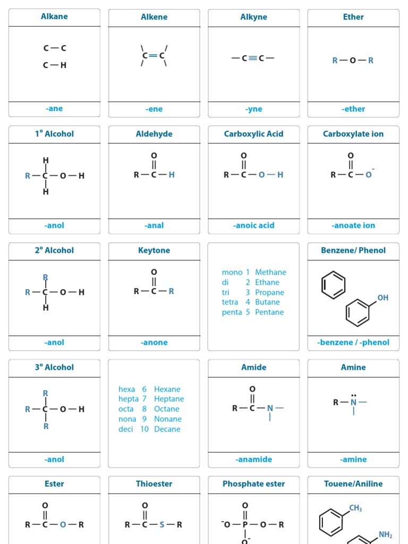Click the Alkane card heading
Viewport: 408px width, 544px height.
54,16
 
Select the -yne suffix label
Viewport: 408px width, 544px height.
254,109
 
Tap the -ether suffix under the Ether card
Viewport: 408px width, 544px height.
353,109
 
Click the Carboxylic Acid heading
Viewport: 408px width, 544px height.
253,134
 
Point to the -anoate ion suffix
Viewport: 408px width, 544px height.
353,225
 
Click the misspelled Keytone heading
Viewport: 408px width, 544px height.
154,250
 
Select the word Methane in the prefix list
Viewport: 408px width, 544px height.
270,272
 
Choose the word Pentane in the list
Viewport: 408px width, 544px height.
269,312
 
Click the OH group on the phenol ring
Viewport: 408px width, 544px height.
382,297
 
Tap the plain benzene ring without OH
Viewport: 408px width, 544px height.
333,285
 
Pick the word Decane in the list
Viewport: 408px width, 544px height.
167,429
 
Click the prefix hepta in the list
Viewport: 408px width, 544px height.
128,398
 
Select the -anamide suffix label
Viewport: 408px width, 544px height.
254,460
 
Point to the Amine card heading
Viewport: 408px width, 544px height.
353,367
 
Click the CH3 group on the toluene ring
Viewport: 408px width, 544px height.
355,508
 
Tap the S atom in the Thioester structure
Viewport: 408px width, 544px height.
162,524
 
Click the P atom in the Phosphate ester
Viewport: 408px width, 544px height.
245,524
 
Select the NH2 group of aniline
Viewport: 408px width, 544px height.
385,534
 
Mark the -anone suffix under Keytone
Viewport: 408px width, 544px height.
154,343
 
